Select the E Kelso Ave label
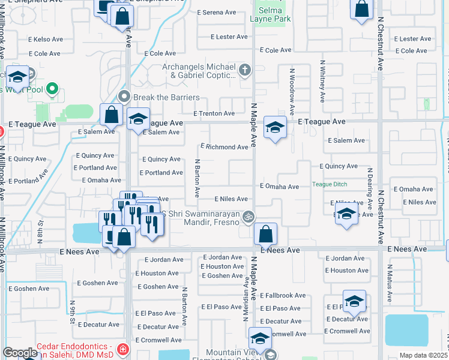(46, 40)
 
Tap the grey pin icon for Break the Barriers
(124, 97)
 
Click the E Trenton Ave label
(214, 113)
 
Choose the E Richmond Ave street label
(224, 147)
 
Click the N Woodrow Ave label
(292, 91)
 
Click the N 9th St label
(72, 311)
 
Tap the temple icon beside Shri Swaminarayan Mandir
(248, 216)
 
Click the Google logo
(20, 353)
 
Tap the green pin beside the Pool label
(52, 91)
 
